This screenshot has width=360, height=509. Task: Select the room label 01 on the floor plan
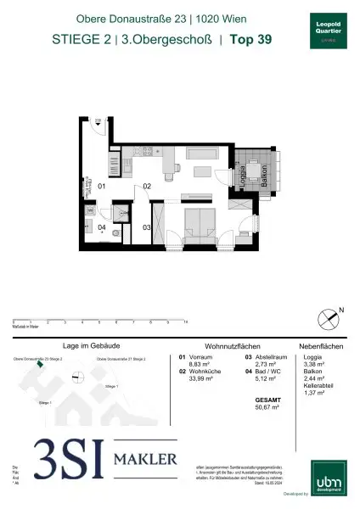[x=101, y=185]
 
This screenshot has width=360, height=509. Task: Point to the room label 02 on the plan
[x=146, y=186]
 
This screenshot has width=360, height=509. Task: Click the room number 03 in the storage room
[x=146, y=227]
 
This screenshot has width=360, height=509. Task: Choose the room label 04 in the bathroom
[x=100, y=227]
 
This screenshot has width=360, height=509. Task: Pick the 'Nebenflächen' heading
[x=321, y=347]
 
